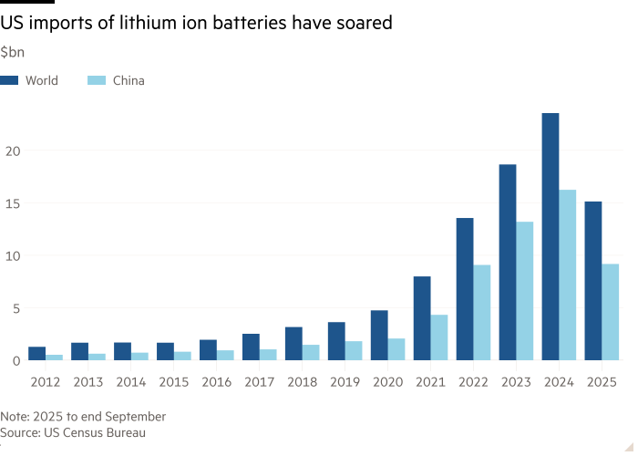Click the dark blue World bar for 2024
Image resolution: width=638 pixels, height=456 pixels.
point(550,237)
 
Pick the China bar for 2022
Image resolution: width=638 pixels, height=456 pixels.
point(482,313)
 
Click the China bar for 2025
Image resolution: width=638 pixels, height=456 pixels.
point(611,312)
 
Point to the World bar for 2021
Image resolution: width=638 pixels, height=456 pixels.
point(421,318)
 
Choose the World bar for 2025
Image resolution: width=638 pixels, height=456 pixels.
point(592,281)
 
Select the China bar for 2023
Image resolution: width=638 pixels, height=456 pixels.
point(525,291)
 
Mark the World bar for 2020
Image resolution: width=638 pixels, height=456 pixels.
point(378,336)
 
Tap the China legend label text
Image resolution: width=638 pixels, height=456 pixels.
point(129,80)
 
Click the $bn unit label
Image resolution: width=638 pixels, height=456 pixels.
point(13,53)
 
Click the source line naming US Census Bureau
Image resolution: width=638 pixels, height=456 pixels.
point(74,432)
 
